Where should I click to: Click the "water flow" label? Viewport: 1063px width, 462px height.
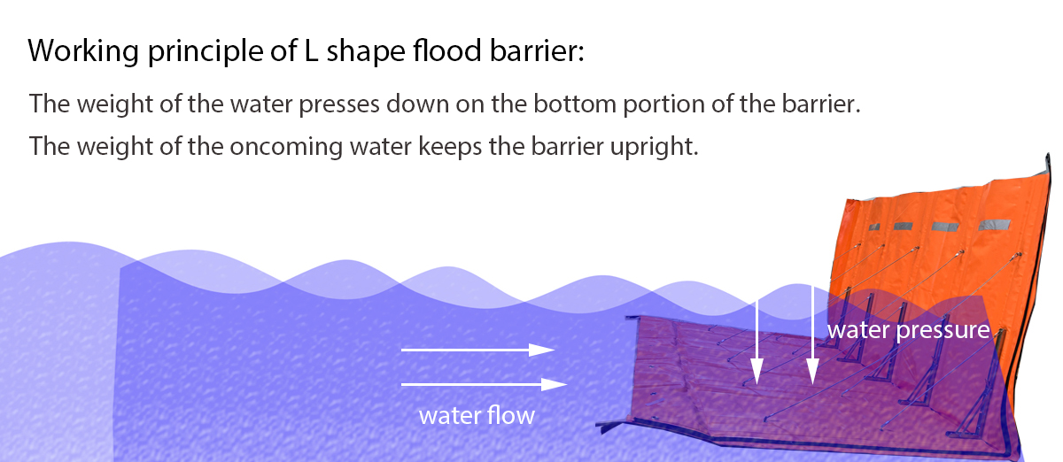(x=477, y=415)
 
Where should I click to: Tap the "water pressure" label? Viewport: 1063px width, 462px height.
(x=907, y=331)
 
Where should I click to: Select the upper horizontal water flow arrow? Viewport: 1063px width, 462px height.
(x=478, y=350)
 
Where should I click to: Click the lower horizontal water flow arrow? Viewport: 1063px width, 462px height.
(x=484, y=384)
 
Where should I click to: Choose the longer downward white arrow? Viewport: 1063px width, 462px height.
(x=812, y=336)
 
